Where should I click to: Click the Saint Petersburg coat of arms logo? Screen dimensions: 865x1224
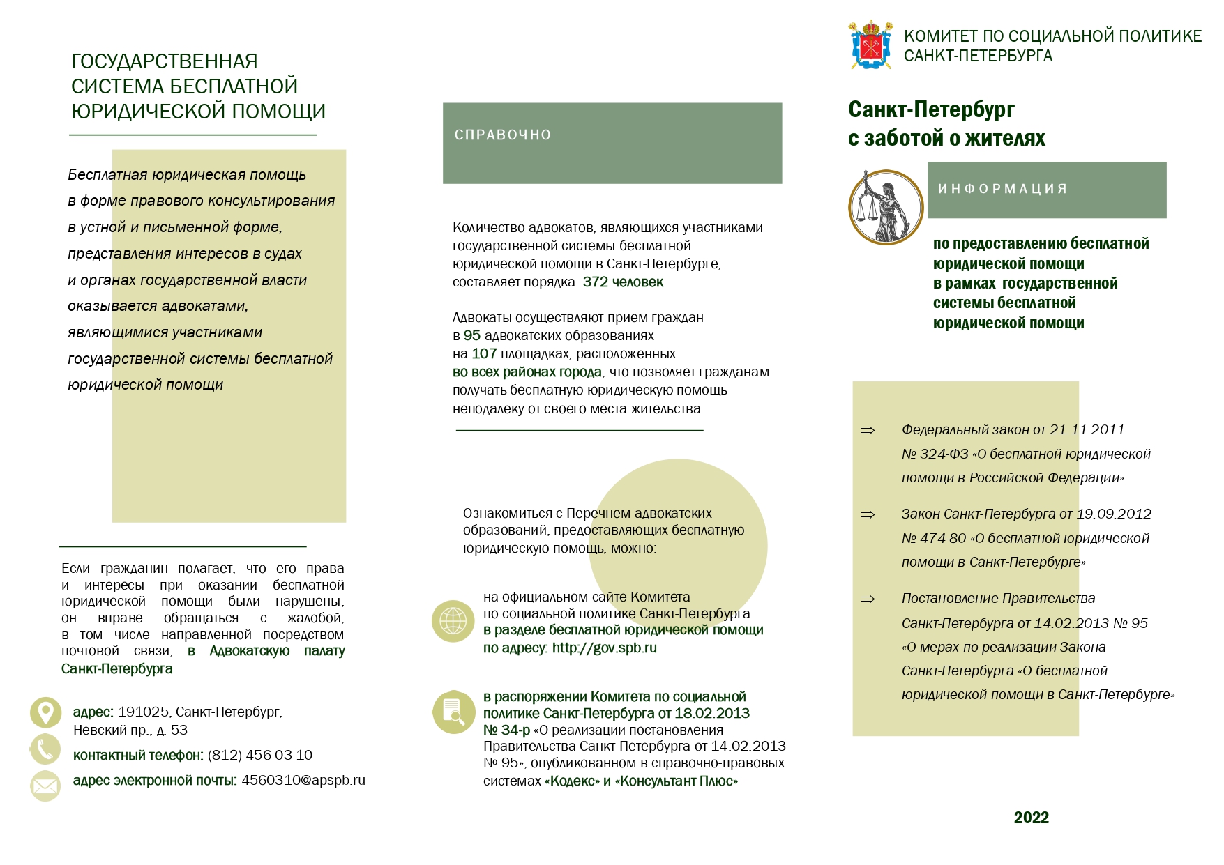tap(870, 45)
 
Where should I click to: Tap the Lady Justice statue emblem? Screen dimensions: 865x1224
tap(886, 207)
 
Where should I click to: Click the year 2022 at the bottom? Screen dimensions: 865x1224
tap(1031, 818)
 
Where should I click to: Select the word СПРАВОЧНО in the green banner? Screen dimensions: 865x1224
tap(503, 135)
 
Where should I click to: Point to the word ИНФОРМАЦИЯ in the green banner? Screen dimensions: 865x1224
tap(1002, 189)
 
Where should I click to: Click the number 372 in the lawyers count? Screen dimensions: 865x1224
tap(595, 282)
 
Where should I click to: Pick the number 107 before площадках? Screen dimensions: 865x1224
tap(484, 354)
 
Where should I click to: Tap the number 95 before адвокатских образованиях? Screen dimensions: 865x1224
tap(472, 336)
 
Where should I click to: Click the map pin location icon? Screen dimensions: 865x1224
tap(45, 712)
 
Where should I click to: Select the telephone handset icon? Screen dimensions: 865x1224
tap(45, 749)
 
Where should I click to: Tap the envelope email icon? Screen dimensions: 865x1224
tap(45, 786)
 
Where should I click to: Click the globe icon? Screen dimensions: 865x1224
tap(453, 620)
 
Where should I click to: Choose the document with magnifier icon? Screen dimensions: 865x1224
tap(453, 712)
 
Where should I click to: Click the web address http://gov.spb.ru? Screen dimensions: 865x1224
tap(604, 648)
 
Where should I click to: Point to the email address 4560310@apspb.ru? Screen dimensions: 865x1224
tap(303, 781)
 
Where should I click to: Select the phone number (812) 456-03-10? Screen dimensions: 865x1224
tap(259, 756)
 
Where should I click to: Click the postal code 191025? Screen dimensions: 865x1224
tap(143, 712)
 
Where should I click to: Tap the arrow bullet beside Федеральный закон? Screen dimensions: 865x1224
tap(868, 431)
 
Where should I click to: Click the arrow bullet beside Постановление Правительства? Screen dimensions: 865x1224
tap(868, 599)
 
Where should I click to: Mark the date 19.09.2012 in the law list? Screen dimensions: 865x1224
tap(1114, 514)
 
